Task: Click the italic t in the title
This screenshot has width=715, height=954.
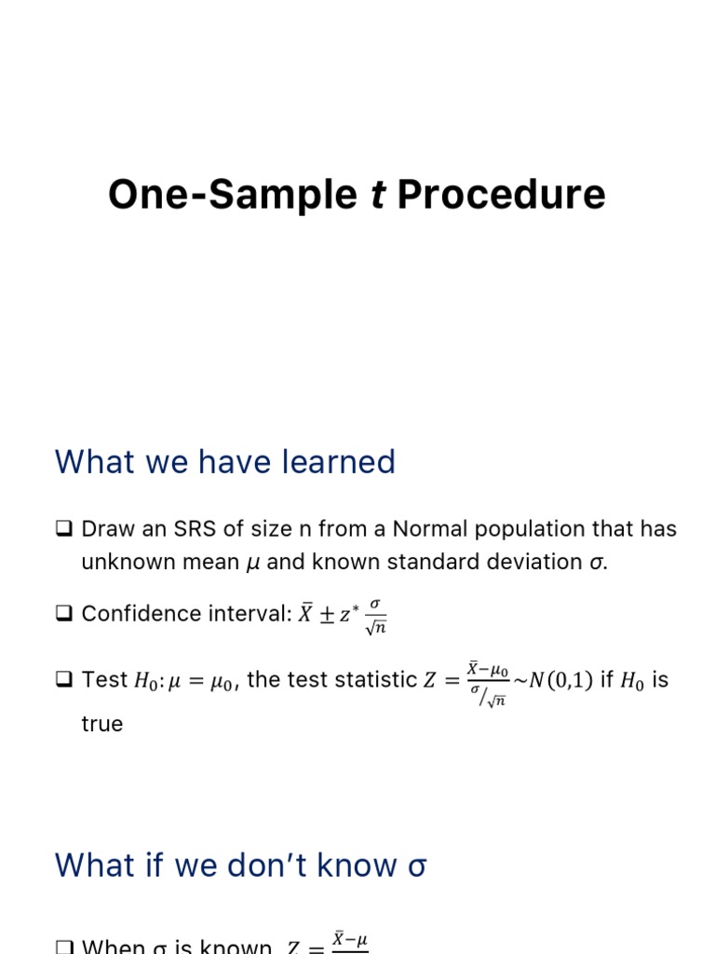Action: tap(378, 196)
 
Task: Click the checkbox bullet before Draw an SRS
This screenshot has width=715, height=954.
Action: tap(64, 529)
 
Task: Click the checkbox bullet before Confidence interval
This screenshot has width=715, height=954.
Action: tap(64, 614)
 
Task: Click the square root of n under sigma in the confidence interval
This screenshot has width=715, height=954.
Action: tap(375, 628)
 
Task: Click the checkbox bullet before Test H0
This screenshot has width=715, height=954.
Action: tap(64, 680)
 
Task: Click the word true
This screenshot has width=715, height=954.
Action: tap(102, 724)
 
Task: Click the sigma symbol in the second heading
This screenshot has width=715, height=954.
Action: tap(417, 866)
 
